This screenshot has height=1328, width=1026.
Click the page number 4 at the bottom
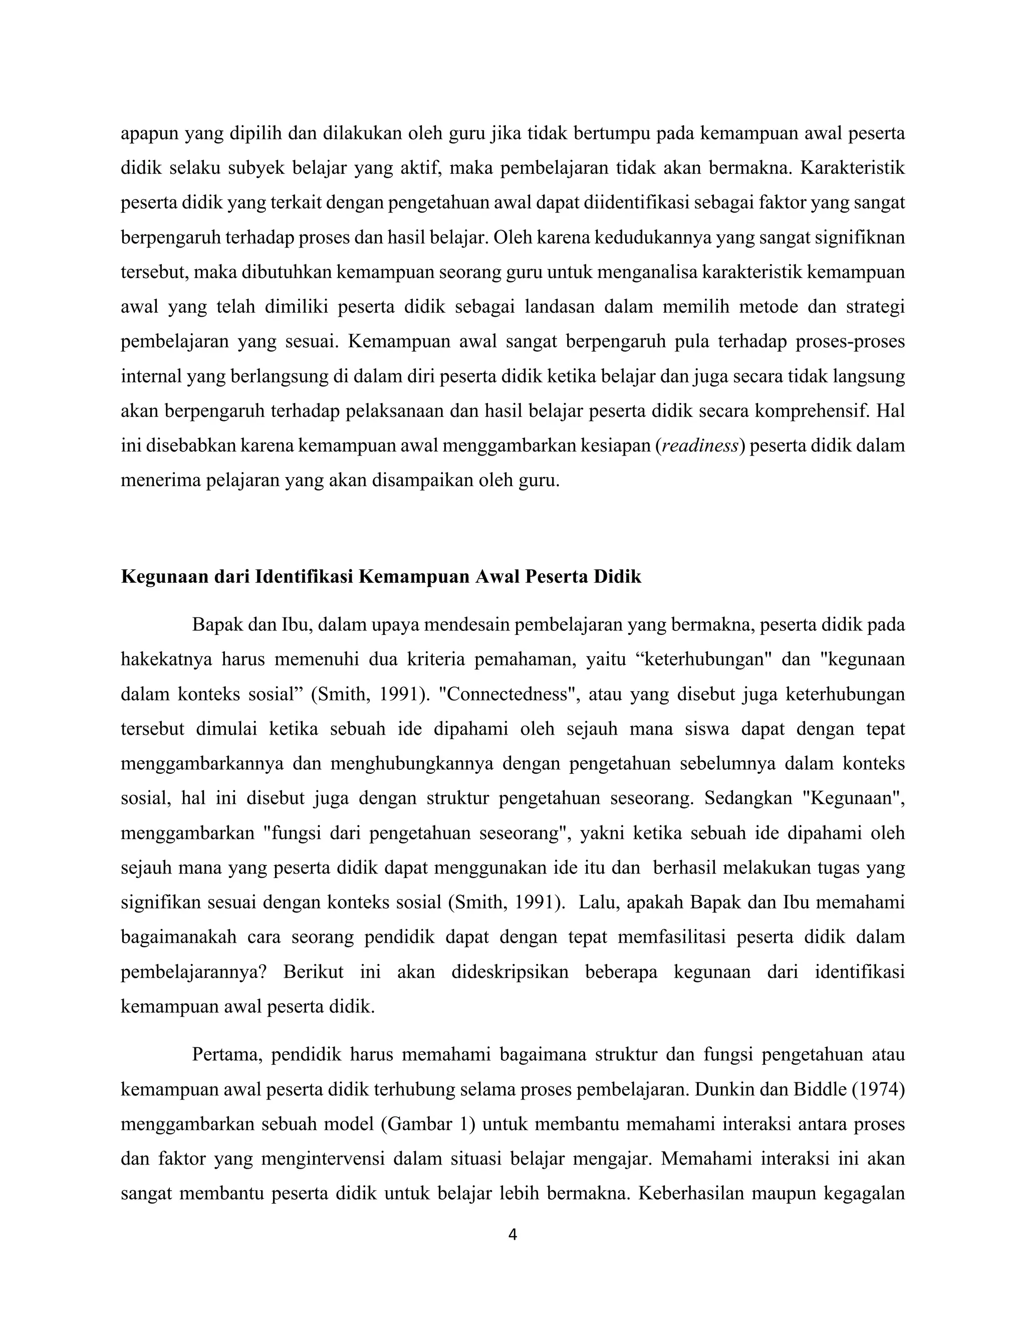click(x=512, y=1235)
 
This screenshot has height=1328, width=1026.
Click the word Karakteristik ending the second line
click(x=852, y=168)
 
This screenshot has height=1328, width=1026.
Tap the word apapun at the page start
click(x=148, y=133)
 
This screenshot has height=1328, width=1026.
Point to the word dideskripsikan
click(x=509, y=972)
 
